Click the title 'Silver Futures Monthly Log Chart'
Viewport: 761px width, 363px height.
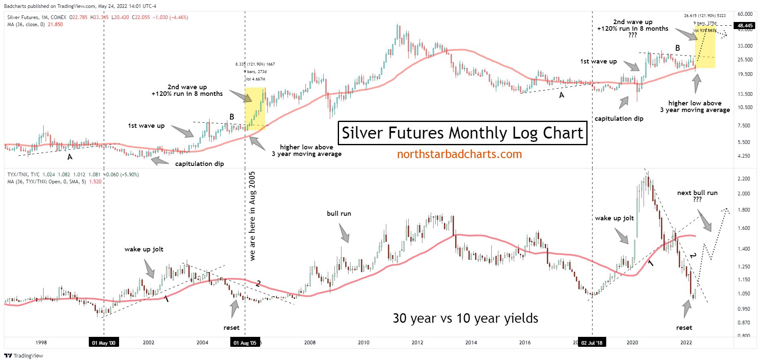pyautogui.click(x=462, y=133)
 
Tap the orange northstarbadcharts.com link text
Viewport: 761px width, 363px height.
pyautogui.click(x=459, y=154)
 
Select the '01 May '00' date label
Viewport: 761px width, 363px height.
pyautogui.click(x=104, y=343)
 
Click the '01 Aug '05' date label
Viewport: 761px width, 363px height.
pyautogui.click(x=245, y=343)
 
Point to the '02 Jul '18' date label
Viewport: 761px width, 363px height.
pyautogui.click(x=592, y=343)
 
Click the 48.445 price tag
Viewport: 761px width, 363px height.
pyautogui.click(x=745, y=26)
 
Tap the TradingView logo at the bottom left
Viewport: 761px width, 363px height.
pyautogui.click(x=24, y=356)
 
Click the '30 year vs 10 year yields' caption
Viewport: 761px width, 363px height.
pyautogui.click(x=465, y=318)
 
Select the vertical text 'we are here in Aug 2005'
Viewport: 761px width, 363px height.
pyautogui.click(x=252, y=216)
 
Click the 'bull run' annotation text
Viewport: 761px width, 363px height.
pyautogui.click(x=339, y=214)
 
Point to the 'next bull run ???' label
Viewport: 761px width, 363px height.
pyautogui.click(x=697, y=196)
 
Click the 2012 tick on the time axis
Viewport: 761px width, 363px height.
pyautogui.click(x=417, y=343)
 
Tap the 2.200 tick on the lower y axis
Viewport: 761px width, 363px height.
pyautogui.click(x=744, y=179)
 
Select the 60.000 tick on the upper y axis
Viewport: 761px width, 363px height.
pyautogui.click(x=745, y=14)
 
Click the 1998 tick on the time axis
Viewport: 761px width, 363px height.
pyautogui.click(x=41, y=343)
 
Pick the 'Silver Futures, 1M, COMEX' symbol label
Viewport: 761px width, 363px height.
pyautogui.click(x=37, y=17)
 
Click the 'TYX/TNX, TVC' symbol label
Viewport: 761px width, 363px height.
pyautogui.click(x=24, y=175)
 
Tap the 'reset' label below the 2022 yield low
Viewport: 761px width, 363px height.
pyautogui.click(x=684, y=328)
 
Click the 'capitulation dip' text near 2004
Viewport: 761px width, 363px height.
pyautogui.click(x=199, y=164)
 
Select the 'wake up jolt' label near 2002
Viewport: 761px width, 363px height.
pyautogui.click(x=144, y=249)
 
